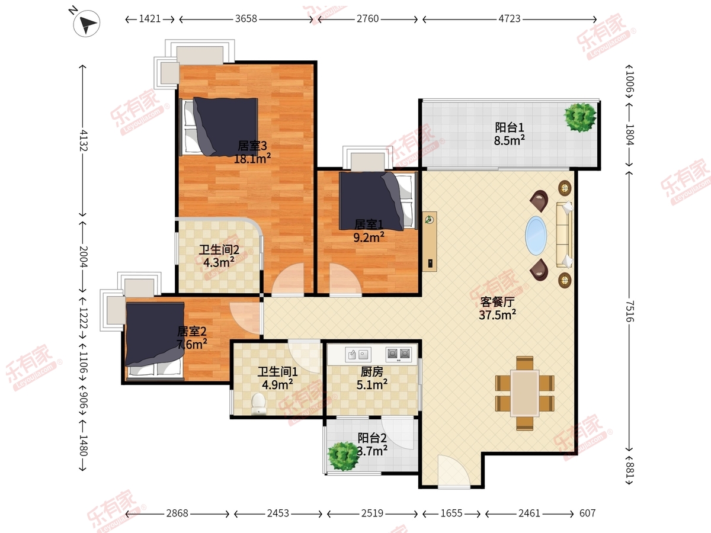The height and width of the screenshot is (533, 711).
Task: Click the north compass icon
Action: (x=87, y=23)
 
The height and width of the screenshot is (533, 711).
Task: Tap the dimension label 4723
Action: (x=510, y=19)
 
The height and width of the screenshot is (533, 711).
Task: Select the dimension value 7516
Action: (x=629, y=312)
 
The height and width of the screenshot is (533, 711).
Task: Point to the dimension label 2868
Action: (x=177, y=513)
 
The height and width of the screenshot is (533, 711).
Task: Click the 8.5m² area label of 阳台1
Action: (x=510, y=141)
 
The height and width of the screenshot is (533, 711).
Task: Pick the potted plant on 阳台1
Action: (x=580, y=117)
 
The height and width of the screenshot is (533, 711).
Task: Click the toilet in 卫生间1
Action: (x=258, y=403)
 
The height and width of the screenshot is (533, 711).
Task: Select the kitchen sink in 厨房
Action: (x=358, y=354)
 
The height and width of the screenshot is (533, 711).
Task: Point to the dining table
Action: (x=525, y=393)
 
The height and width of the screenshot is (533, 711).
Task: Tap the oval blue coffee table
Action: (x=536, y=236)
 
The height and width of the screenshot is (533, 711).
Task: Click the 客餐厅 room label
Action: (x=497, y=302)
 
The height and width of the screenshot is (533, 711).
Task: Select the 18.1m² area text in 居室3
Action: (x=252, y=159)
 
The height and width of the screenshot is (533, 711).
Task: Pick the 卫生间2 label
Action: (x=219, y=249)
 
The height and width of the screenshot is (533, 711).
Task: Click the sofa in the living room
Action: (x=564, y=235)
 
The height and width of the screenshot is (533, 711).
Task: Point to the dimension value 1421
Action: (x=150, y=19)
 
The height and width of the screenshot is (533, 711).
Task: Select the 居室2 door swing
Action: (x=245, y=318)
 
